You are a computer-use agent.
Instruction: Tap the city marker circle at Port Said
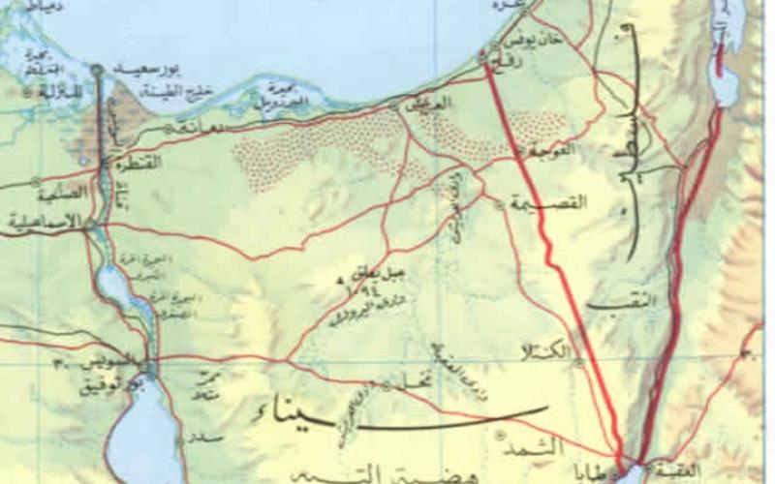pos(97,70)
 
